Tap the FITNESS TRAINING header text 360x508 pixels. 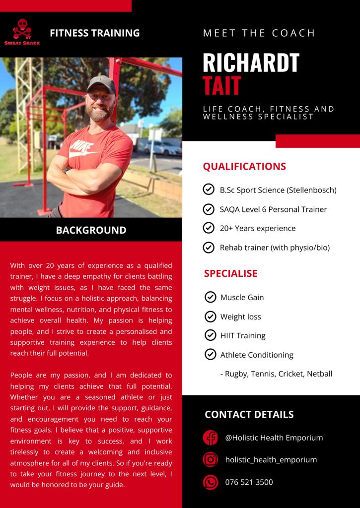click(94, 33)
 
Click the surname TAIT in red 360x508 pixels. click(221, 85)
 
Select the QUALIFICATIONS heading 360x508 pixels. click(244, 166)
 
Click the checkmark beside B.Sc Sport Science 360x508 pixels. click(209, 190)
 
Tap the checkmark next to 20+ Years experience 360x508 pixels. click(209, 228)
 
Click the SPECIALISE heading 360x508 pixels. click(230, 273)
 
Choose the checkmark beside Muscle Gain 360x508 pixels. click(210, 297)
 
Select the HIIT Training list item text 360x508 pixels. click(243, 336)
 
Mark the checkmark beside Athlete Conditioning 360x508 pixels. click(210, 354)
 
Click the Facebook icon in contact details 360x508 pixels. click(211, 438)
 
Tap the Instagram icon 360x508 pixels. click(211, 459)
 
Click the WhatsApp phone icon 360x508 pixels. click(211, 482)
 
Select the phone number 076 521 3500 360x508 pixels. click(249, 482)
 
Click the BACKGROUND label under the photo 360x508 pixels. click(91, 230)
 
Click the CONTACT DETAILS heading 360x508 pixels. click(249, 415)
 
